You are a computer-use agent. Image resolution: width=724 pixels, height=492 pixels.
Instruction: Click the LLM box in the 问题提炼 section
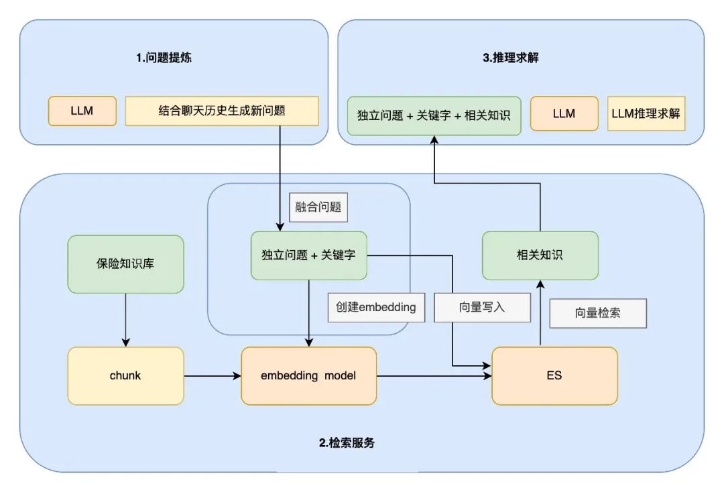coord(82,111)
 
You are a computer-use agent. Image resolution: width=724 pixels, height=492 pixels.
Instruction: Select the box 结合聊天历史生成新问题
coord(222,111)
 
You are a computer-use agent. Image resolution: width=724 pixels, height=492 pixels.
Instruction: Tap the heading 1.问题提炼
coord(164,58)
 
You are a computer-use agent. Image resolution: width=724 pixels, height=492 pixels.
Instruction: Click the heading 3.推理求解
coord(511,58)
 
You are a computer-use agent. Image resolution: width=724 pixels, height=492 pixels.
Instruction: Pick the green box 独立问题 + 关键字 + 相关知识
coord(434,115)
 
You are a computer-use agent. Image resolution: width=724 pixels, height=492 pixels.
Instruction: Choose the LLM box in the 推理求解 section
coord(564,113)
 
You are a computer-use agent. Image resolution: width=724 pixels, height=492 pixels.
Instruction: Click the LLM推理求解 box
coord(646,113)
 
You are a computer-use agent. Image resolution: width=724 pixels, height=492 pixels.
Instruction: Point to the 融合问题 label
coord(318,207)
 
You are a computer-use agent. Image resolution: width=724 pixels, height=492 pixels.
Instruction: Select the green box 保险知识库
coord(125,264)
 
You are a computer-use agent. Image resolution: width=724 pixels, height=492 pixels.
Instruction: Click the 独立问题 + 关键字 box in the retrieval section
coord(309,255)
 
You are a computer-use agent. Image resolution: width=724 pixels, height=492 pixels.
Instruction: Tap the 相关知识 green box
coord(540,255)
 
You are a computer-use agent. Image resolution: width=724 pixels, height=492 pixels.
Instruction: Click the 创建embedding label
coord(376,308)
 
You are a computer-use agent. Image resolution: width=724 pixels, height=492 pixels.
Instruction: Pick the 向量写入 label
coord(482,308)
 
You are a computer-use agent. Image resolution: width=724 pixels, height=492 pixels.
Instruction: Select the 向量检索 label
coord(598,314)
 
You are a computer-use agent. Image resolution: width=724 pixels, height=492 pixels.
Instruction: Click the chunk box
coord(125,376)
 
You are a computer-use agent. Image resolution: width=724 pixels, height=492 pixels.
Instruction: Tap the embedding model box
coord(309,376)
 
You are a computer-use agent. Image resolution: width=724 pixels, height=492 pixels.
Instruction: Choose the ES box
coord(554,376)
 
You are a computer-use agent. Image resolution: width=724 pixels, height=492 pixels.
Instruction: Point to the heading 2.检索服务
coord(347,443)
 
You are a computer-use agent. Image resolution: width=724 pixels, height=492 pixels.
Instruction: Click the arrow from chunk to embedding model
coord(213,376)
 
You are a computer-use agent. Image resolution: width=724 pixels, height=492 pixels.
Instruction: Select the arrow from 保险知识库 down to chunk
coord(125,320)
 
